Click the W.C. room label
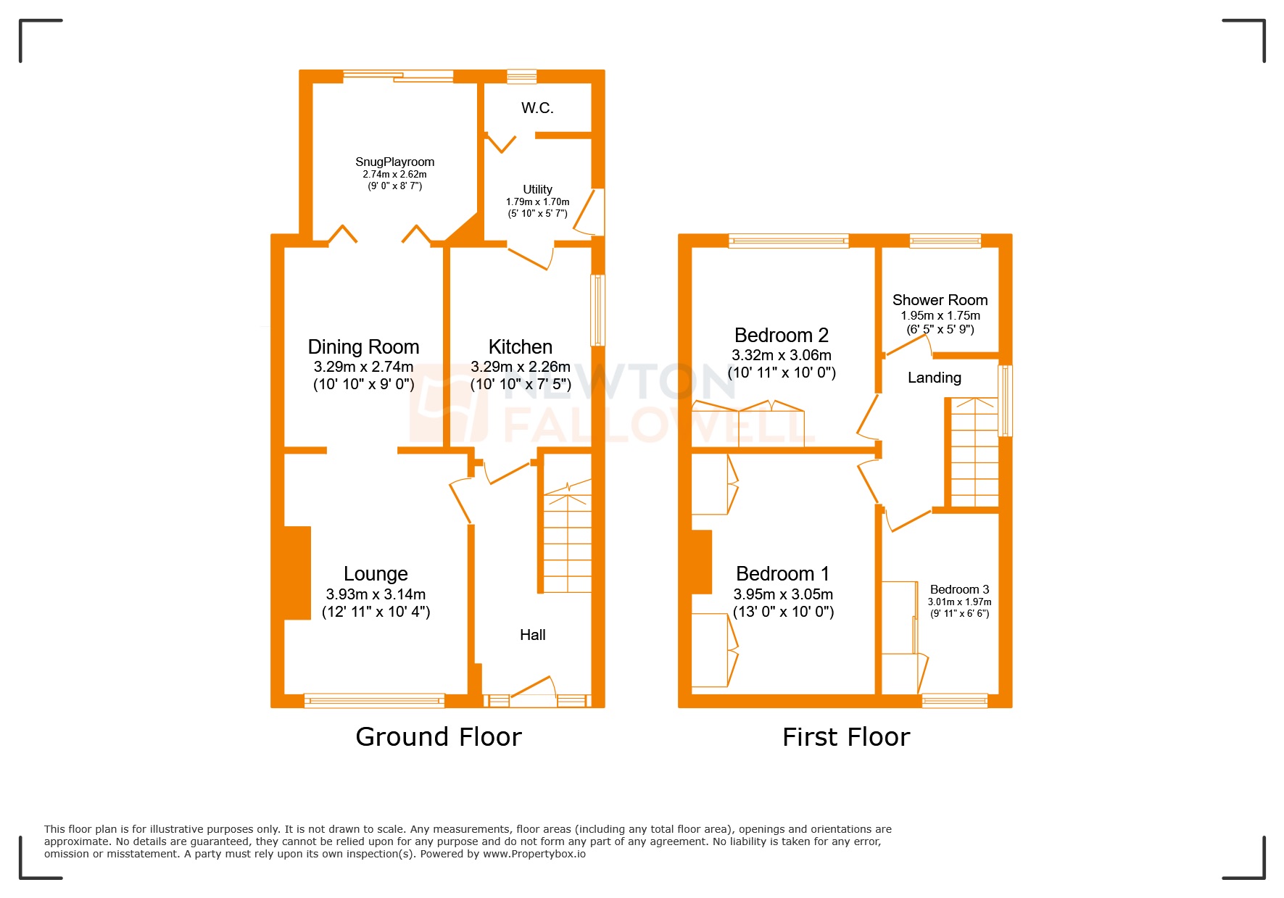tap(537, 108)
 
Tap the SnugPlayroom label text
tap(394, 162)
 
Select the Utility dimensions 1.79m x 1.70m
tap(537, 201)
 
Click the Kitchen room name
tap(520, 346)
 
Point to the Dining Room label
tap(363, 346)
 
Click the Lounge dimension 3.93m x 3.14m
tap(376, 594)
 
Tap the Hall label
tap(532, 635)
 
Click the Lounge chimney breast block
tap(297, 573)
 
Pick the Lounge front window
tap(374, 700)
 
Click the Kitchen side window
tap(597, 309)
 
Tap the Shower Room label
tap(940, 300)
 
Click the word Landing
tap(934, 378)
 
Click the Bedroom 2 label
tap(781, 335)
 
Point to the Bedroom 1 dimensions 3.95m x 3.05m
tap(783, 594)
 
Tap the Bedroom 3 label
tap(959, 589)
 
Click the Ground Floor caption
tap(438, 737)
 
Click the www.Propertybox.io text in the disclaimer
tap(534, 854)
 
